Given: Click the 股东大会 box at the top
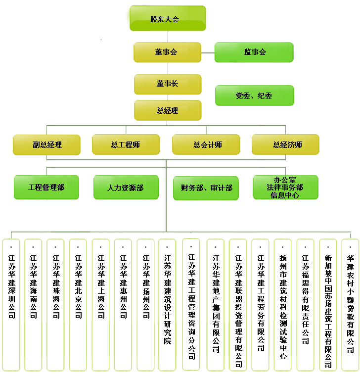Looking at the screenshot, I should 167,19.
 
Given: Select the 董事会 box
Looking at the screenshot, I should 167,52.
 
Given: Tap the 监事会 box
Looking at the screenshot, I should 254,52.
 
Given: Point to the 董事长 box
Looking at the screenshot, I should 167,84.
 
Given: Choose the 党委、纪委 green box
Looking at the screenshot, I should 254,95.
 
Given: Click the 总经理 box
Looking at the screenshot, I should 167,110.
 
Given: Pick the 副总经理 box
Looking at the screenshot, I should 47,144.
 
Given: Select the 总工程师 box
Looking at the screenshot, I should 126,144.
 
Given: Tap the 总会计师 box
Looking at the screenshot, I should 206,144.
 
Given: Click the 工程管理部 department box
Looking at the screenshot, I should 46,187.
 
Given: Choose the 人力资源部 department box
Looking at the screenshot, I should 126,188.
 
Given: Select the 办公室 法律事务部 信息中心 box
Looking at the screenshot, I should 285,188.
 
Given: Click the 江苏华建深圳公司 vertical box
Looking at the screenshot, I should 11,304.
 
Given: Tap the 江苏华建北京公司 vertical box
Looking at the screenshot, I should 78,304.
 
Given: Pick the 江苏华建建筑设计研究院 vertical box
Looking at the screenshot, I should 167,304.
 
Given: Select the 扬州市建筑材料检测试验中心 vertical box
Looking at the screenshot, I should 283,304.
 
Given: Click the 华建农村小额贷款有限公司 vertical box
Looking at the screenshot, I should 350,304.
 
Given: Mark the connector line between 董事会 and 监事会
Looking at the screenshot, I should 208,51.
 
